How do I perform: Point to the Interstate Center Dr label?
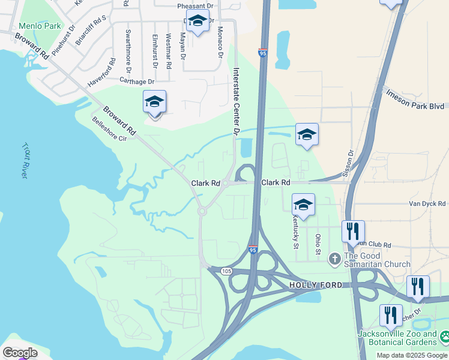[x=236, y=101]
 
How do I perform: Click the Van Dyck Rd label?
[x=427, y=204]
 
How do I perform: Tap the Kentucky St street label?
[x=295, y=231]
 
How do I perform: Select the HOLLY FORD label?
[x=316, y=285]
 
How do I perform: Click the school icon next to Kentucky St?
[x=304, y=205]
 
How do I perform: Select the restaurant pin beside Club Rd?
[x=353, y=231]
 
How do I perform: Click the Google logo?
[x=20, y=353]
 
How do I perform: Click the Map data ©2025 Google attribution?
[x=412, y=355]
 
